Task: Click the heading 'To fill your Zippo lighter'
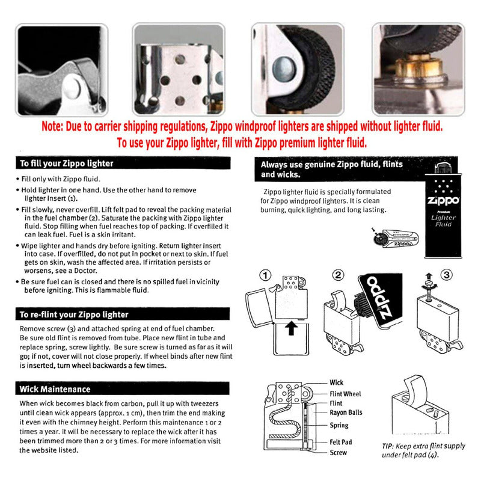[66, 163]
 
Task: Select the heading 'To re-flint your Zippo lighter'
[74, 314]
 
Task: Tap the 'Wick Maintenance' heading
[55, 389]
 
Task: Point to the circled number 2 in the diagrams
[339, 275]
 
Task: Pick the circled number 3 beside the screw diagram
[446, 275]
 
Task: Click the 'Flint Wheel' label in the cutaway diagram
[345, 394]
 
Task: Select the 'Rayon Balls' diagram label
[346, 413]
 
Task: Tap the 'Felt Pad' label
[341, 442]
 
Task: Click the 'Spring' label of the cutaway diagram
[339, 426]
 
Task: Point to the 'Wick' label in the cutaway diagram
[337, 382]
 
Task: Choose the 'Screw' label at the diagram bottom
[338, 453]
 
